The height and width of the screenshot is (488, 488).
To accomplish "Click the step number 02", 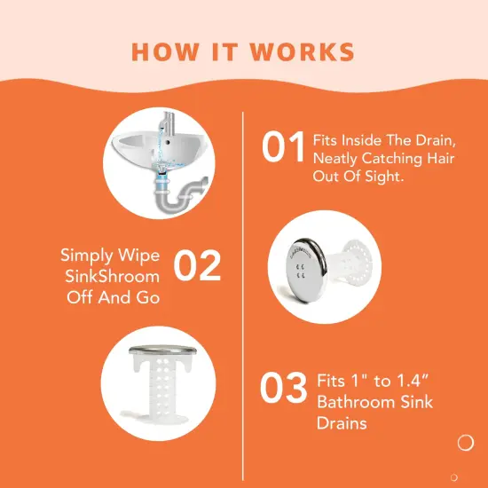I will [x=196, y=267].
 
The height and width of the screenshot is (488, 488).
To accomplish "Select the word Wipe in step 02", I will [x=144, y=256].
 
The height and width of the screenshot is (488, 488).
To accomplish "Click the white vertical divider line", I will [x=243, y=293].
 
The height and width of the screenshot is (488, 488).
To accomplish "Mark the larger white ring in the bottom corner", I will [x=465, y=442].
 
